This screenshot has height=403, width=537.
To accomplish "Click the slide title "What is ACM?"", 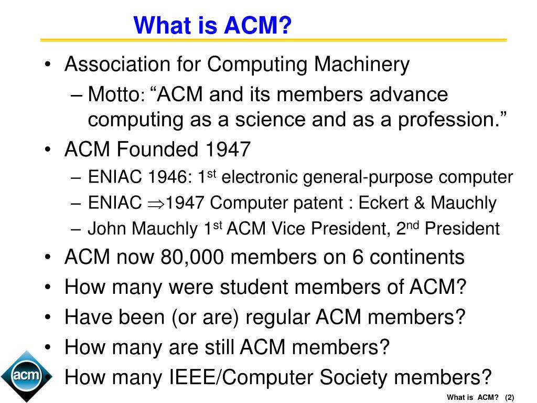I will point(212,25).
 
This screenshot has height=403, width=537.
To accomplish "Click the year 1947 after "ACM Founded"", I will point(226,151).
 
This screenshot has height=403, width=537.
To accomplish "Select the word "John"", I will point(106,229).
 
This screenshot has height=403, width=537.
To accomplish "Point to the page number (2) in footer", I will point(509,397).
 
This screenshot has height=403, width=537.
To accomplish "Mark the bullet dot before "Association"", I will point(48,66).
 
